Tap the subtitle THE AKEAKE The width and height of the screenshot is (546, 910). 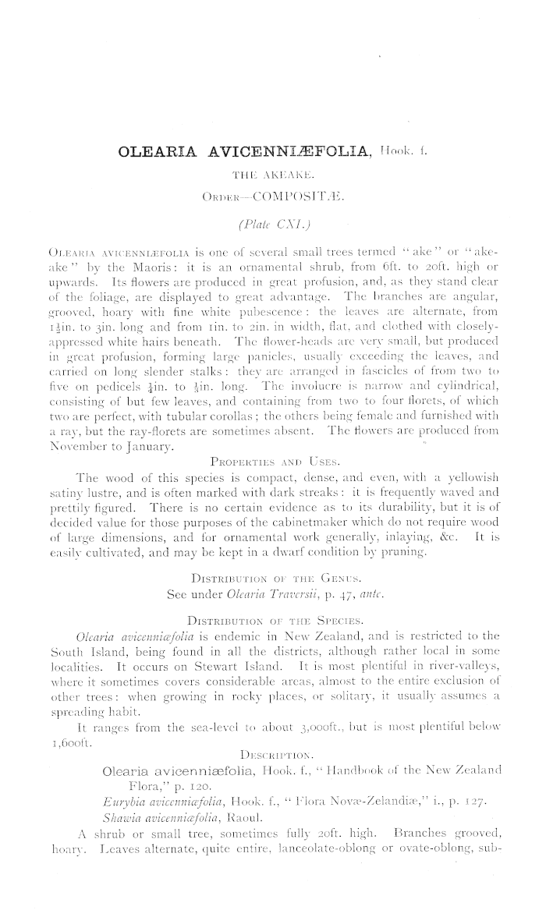click(x=273, y=175)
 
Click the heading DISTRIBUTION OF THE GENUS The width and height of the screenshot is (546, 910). click(x=272, y=579)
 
